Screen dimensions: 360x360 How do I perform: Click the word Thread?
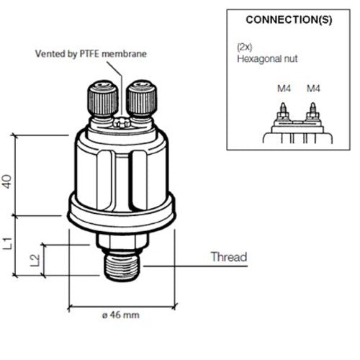(x=228, y=257)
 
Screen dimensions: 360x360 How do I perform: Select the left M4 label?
(x=284, y=89)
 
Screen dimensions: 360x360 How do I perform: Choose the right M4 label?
(x=313, y=89)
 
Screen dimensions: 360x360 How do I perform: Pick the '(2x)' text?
(x=244, y=46)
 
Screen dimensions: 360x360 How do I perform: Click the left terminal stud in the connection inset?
(x=284, y=112)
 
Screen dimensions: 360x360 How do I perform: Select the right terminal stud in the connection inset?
(x=313, y=112)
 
